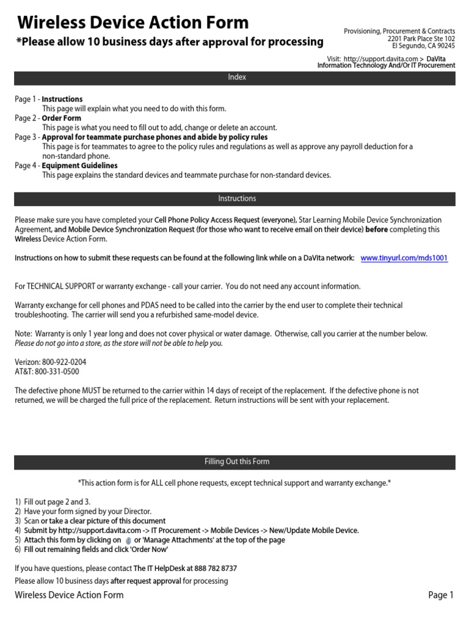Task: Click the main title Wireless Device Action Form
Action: (x=133, y=23)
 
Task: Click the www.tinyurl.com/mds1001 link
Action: (x=404, y=258)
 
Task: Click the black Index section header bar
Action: (x=234, y=78)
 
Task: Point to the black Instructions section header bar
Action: (x=234, y=199)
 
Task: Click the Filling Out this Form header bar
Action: (x=234, y=462)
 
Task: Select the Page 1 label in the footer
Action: (x=440, y=595)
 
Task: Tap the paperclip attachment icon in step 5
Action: (x=128, y=540)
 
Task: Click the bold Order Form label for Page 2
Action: (x=61, y=118)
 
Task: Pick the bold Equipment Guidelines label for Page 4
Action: (x=79, y=166)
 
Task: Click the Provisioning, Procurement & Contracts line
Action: (x=399, y=31)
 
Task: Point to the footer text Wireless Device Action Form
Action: (x=69, y=595)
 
